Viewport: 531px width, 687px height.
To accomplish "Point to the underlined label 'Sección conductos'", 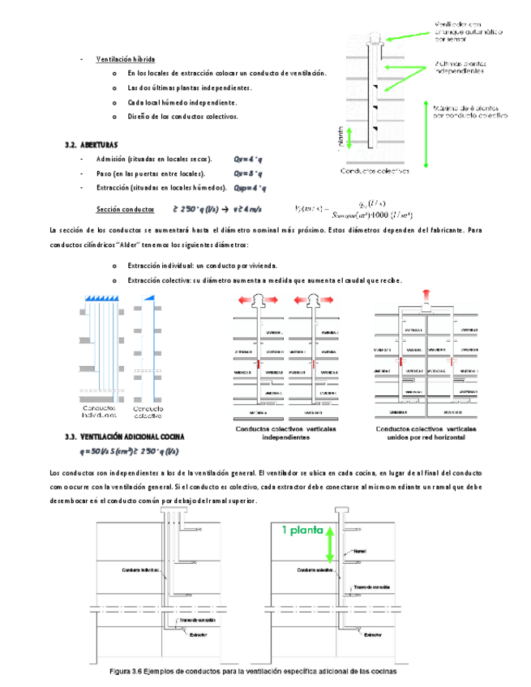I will (x=126, y=208).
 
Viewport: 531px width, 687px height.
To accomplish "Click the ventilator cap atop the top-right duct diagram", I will (x=375, y=37).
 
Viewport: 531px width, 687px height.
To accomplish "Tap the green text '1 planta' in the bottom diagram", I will (x=302, y=531).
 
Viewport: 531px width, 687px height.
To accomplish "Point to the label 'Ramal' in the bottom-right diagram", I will (x=360, y=551).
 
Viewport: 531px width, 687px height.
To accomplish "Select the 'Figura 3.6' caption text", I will (x=254, y=671).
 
